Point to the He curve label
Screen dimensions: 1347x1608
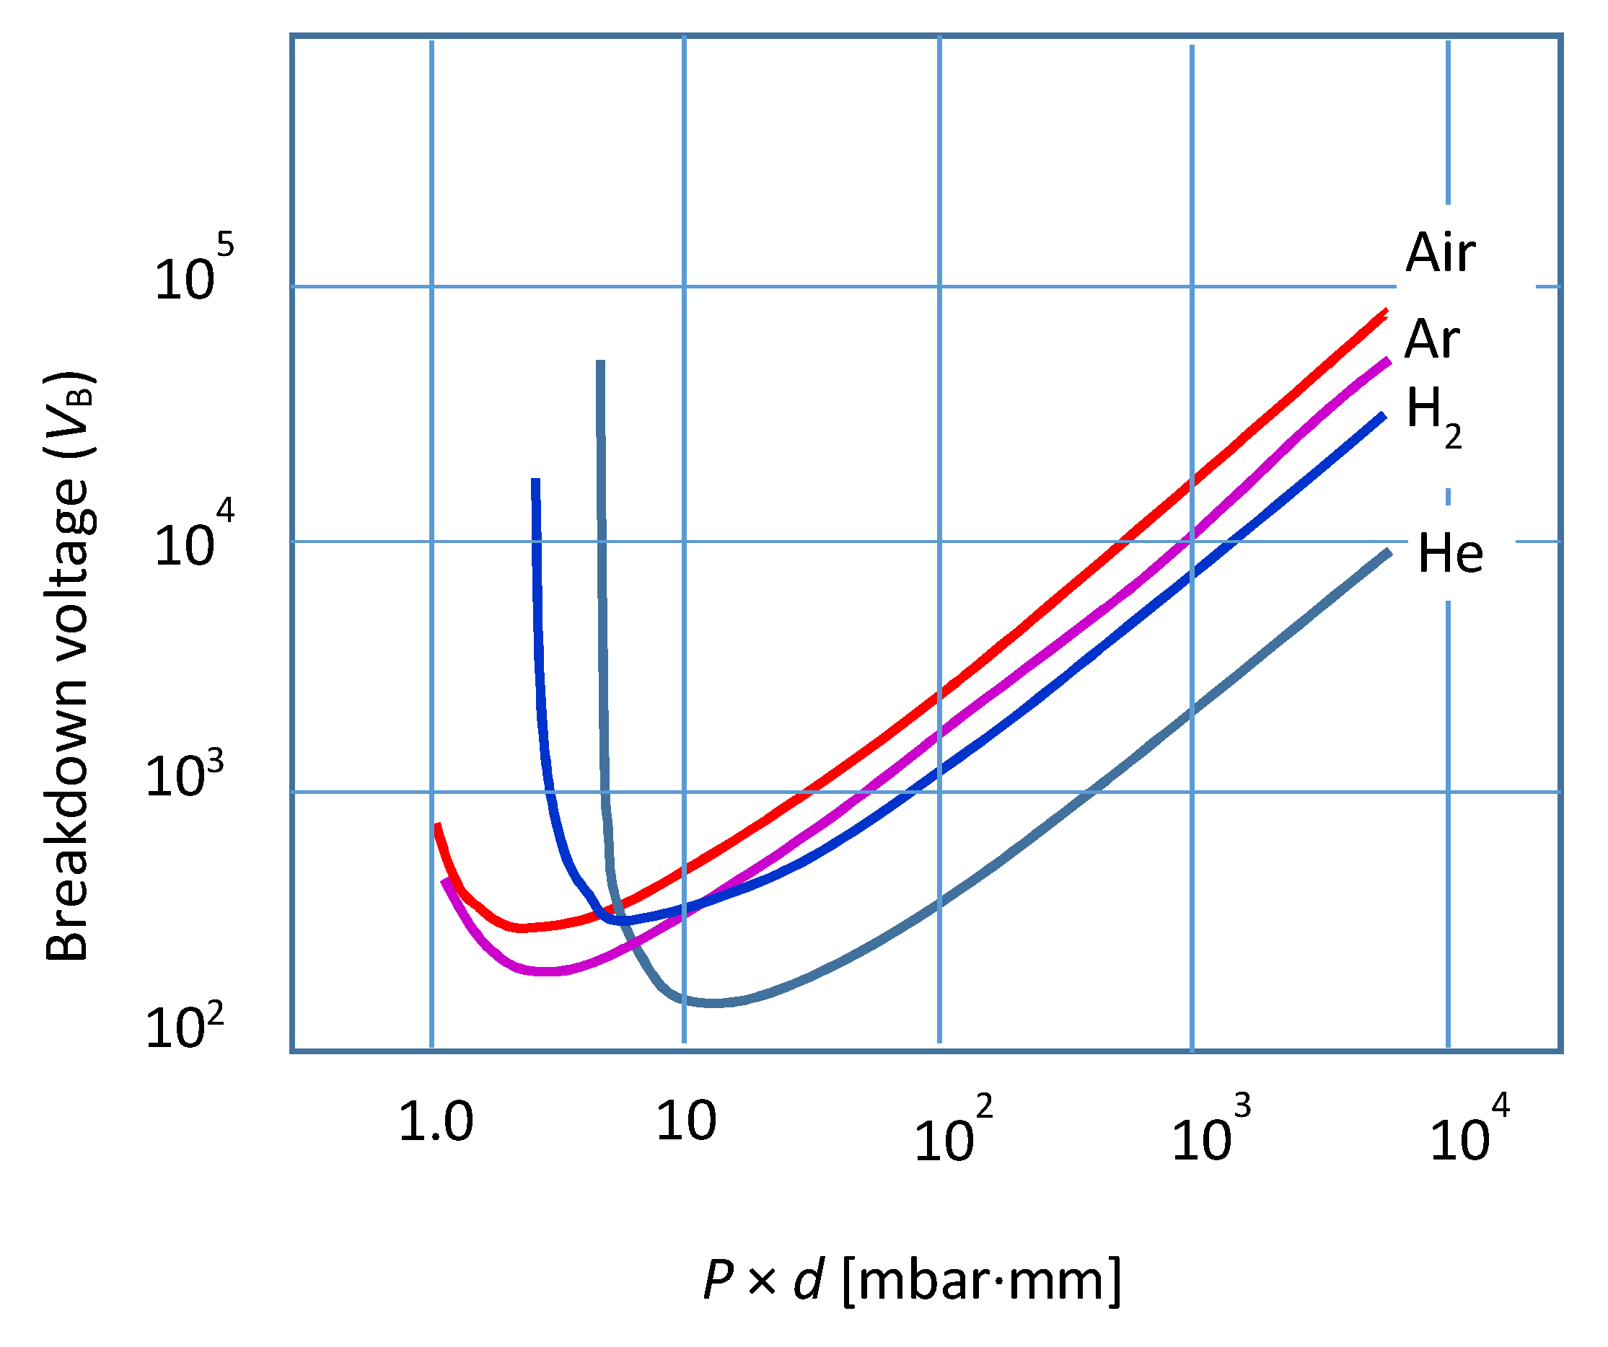coord(1450,553)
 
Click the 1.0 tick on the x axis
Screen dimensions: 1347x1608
coord(436,1123)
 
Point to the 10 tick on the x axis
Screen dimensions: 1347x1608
coord(686,1122)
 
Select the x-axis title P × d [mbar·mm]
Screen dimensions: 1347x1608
coord(911,1280)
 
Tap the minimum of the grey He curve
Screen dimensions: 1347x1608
coord(712,1002)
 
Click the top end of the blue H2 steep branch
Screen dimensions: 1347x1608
coord(536,481)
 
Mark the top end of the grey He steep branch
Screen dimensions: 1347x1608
coord(601,362)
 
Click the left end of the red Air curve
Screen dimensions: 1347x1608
coord(437,826)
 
